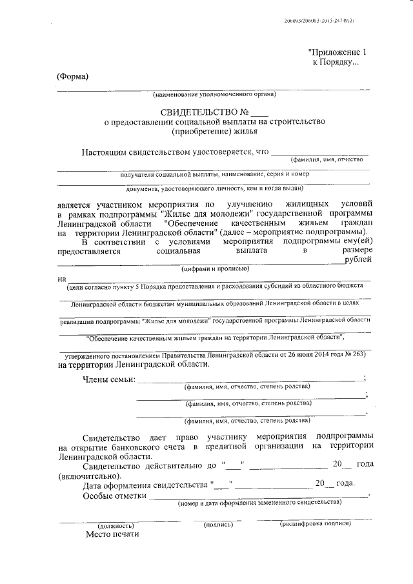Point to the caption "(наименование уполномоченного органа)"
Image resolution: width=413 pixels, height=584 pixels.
tap(214, 95)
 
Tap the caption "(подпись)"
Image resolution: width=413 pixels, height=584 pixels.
tap(218, 524)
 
